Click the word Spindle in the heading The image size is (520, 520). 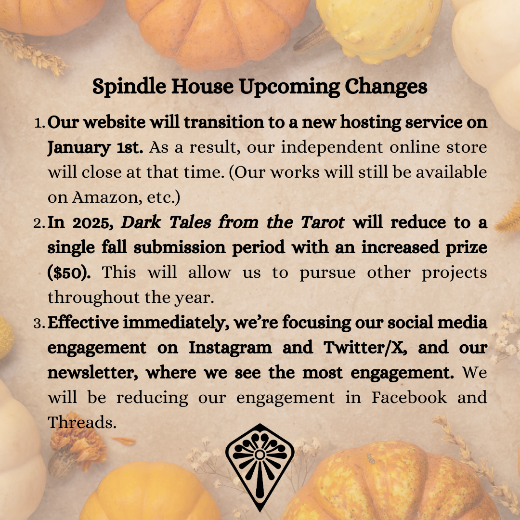point(129,87)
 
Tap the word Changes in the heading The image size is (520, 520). point(386,87)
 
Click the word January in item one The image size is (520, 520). point(79,148)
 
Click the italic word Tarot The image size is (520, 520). point(322,222)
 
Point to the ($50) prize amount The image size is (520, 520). point(69,273)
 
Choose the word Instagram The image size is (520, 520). point(230,348)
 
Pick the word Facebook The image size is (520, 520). point(409,397)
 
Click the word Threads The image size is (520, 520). point(82,422)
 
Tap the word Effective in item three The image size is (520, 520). point(83,323)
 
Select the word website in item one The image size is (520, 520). point(115,122)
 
